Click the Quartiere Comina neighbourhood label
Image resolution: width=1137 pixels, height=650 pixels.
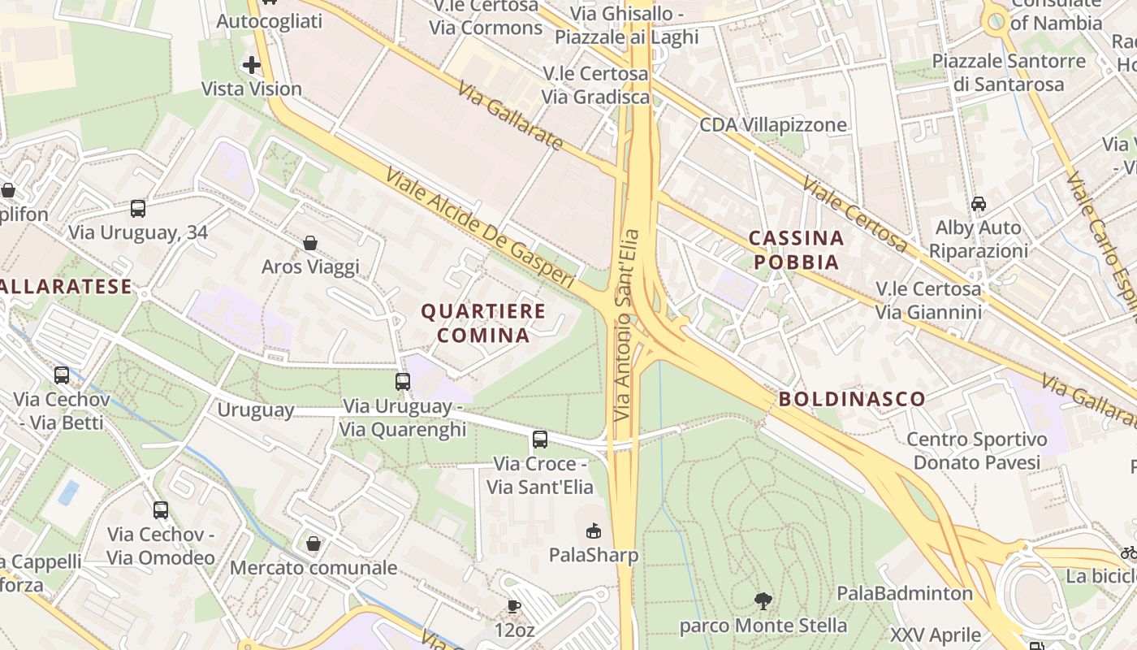click(483, 323)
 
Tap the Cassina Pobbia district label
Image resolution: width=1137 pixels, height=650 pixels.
click(795, 249)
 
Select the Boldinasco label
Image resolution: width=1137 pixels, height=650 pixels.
click(852, 399)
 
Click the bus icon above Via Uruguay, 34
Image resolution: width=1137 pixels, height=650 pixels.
click(138, 209)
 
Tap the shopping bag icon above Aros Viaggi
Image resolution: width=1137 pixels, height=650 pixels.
click(310, 243)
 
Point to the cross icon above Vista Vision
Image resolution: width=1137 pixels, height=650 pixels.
click(252, 65)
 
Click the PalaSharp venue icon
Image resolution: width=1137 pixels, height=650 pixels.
click(594, 531)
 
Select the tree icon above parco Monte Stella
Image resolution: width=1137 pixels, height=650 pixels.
click(763, 601)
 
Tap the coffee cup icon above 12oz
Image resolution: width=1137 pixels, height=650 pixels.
click(514, 605)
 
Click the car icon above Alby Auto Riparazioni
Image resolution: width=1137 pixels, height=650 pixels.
click(979, 204)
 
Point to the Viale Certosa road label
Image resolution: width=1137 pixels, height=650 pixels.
click(854, 214)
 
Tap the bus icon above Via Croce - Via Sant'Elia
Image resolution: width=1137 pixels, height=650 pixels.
click(540, 440)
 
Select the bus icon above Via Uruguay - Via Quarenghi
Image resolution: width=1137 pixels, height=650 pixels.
click(403, 381)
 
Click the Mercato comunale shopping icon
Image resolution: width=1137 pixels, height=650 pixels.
click(313, 544)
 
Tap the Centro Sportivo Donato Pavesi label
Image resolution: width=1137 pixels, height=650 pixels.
click(977, 451)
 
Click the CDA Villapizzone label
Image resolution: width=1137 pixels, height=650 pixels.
click(773, 125)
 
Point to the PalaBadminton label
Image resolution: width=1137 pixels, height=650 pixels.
click(905, 593)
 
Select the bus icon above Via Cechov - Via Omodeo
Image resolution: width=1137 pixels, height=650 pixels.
click(161, 510)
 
